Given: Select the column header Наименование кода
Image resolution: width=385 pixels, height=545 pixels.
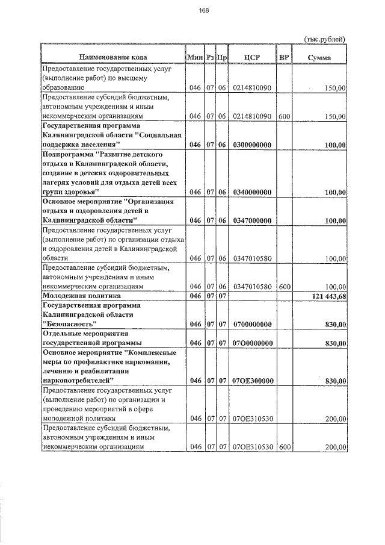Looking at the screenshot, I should (112, 57).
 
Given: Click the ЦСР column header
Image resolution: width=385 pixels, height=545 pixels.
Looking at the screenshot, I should (252, 57).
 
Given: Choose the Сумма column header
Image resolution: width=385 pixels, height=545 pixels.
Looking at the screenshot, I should (319, 57).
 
